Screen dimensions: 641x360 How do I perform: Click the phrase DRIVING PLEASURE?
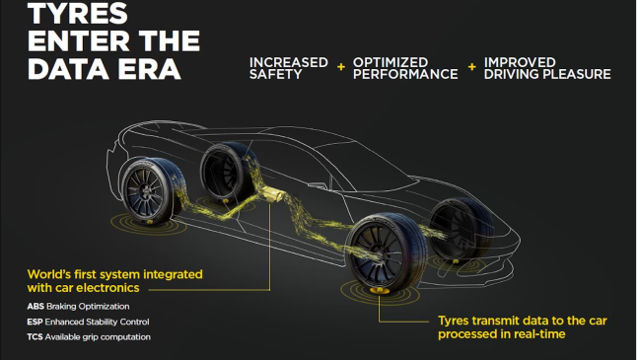click(547, 74)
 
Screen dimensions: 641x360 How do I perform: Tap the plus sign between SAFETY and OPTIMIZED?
click(341, 67)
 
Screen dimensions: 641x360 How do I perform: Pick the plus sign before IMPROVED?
click(471, 67)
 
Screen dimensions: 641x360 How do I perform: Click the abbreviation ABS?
click(37, 306)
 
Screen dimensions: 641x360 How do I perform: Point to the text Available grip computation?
click(107, 337)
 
